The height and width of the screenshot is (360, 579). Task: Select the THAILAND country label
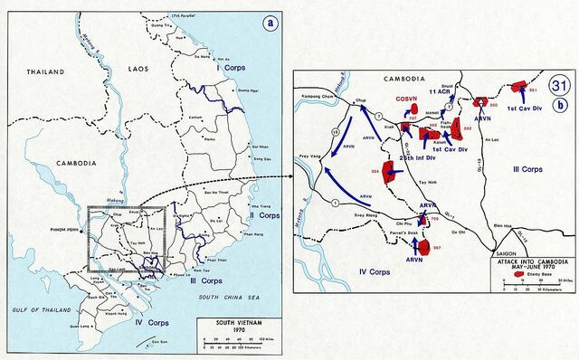click(x=46, y=71)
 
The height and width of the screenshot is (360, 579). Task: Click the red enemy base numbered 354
click(x=392, y=171)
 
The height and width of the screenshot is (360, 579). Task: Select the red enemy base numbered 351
click(x=519, y=88)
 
